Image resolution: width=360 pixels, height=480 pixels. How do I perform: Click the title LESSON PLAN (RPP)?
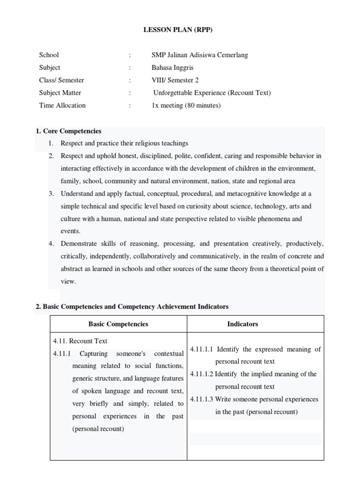pyautogui.click(x=180, y=30)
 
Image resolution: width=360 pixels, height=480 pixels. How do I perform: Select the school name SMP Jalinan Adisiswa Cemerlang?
pyautogui.click(x=200, y=55)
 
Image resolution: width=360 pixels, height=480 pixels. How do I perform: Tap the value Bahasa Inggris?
pyautogui.click(x=172, y=67)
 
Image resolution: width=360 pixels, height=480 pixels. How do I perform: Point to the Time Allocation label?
pyautogui.click(x=62, y=105)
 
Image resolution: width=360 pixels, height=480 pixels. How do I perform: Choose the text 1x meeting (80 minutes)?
pyautogui.click(x=186, y=105)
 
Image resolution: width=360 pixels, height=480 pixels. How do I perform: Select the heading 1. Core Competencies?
pyautogui.click(x=68, y=131)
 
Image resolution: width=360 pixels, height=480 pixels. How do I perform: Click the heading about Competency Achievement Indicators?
pyautogui.click(x=132, y=307)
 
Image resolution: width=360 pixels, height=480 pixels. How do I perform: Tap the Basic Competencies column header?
pyautogui.click(x=118, y=324)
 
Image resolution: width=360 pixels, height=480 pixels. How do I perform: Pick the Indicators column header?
pyautogui.click(x=242, y=324)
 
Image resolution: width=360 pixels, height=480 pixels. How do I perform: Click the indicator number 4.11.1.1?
pyautogui.click(x=202, y=349)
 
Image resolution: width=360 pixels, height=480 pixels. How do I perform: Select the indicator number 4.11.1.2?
pyautogui.click(x=202, y=374)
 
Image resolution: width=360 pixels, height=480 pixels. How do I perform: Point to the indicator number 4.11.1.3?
pyautogui.click(x=202, y=399)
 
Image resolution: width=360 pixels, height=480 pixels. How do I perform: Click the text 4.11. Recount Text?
pyautogui.click(x=80, y=341)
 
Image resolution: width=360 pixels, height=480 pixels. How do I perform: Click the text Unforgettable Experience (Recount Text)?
pyautogui.click(x=212, y=93)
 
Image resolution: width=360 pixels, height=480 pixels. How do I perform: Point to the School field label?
pyautogui.click(x=49, y=55)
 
